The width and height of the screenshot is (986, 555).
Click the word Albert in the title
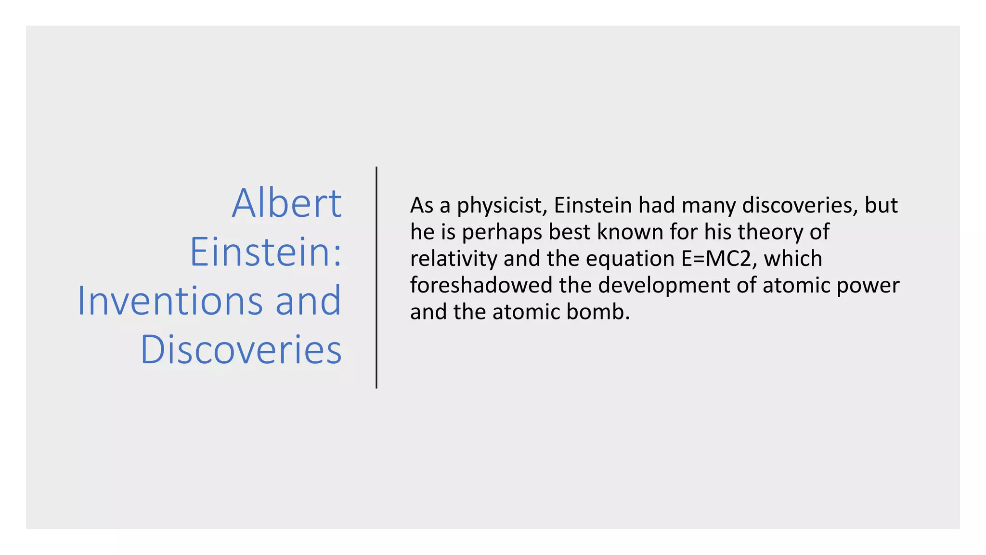coord(287,203)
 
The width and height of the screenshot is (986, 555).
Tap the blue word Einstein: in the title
coord(266,252)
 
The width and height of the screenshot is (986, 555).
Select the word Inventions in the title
coord(170,301)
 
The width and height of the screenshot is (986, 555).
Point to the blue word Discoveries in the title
coord(241,349)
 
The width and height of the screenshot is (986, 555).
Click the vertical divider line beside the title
coord(376,277)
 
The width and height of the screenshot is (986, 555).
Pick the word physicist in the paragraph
coord(502,206)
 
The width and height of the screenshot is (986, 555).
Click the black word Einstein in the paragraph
coord(593,206)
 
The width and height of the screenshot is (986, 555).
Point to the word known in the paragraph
coord(630,232)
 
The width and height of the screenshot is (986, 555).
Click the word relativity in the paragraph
coord(454,259)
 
